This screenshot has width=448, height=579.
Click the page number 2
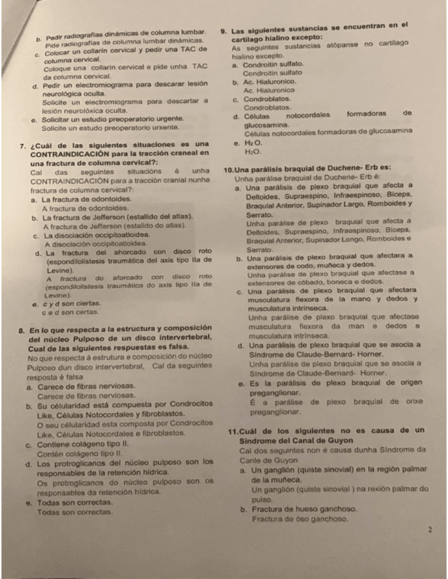click(429, 529)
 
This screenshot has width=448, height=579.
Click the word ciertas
click(86, 304)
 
